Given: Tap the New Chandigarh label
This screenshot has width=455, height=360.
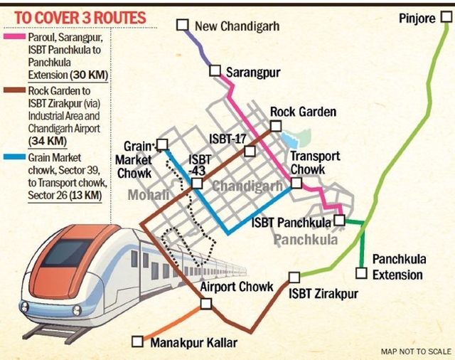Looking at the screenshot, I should pos(237,26).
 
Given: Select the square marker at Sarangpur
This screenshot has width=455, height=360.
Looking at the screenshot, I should pos(215,70).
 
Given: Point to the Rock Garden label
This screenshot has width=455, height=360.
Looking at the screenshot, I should pos(303,112).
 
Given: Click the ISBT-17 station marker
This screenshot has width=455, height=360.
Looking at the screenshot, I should pos(250,151).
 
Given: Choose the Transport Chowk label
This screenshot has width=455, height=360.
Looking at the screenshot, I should pos(315,163).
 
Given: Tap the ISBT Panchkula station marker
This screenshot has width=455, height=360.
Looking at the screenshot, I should pos(339,221).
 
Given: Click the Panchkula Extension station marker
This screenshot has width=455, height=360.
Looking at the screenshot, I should pos(361,272).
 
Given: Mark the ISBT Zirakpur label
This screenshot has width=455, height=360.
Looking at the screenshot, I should pos(323,293).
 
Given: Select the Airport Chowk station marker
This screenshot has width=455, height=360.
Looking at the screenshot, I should pos(206,304).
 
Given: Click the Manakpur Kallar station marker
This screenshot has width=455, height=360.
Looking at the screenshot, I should pos(138,342).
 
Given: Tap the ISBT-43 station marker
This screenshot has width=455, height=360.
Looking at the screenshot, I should pos(196,184).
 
